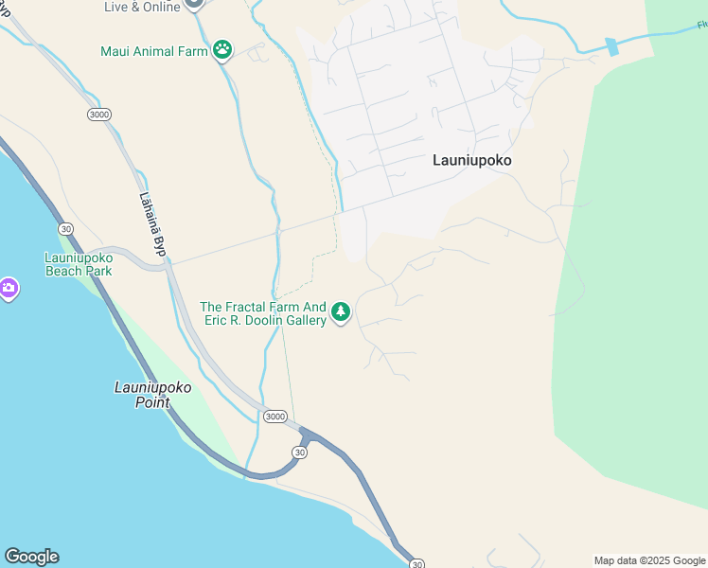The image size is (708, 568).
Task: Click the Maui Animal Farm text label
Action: [153, 51]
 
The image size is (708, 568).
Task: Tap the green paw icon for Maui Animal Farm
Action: [222, 50]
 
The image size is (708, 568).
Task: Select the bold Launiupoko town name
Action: [472, 160]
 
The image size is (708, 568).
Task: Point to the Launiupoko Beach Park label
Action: [79, 264]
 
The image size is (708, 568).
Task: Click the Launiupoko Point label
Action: [152, 395]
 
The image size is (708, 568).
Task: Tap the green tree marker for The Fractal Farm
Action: [341, 311]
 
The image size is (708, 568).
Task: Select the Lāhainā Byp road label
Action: [151, 225]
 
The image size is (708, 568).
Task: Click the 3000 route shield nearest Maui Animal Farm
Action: [98, 115]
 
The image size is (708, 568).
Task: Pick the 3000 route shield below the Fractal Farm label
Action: [275, 417]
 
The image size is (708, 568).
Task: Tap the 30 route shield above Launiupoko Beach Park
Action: [65, 229]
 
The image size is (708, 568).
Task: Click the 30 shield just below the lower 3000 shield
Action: [300, 453]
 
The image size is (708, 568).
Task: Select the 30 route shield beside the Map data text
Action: [416, 563]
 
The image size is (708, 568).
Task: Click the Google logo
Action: [31, 557]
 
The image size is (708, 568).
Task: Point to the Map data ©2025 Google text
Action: [650, 560]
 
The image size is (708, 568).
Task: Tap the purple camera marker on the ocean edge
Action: [8, 288]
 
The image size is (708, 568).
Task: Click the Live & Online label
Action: [141, 6]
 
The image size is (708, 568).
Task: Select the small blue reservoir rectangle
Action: [611, 46]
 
